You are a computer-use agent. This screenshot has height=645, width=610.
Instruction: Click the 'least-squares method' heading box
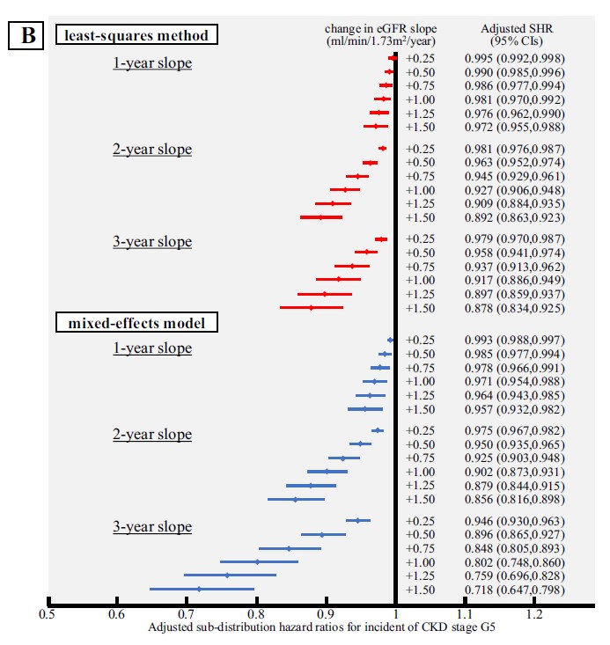tap(136, 36)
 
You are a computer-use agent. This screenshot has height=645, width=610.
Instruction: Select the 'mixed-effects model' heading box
tap(136, 323)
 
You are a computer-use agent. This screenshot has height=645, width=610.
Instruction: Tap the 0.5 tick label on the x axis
tap(48, 616)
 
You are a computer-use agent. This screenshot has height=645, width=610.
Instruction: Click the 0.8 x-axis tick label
tap(256, 616)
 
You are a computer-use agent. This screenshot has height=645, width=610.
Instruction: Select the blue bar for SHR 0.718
tap(202, 589)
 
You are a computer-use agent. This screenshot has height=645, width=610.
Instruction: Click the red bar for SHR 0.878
tap(311, 307)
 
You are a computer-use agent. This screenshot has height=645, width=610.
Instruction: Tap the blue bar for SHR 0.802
tap(259, 561)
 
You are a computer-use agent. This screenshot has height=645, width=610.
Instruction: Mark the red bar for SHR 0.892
tap(320, 216)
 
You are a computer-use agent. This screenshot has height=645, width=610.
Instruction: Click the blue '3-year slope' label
tap(152, 527)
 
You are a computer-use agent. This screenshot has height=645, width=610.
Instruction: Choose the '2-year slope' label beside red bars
tap(152, 149)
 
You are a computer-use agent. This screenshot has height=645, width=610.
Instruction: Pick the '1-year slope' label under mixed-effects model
tap(152, 348)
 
